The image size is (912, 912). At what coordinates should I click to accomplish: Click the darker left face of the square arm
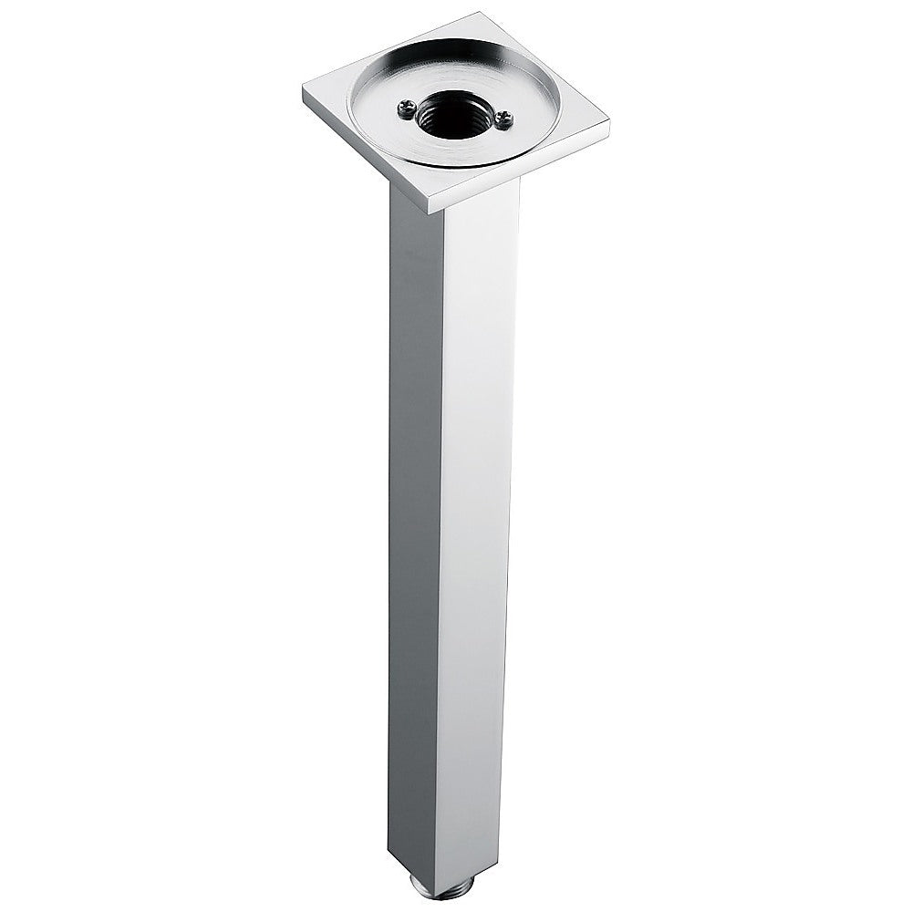point(415,511)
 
